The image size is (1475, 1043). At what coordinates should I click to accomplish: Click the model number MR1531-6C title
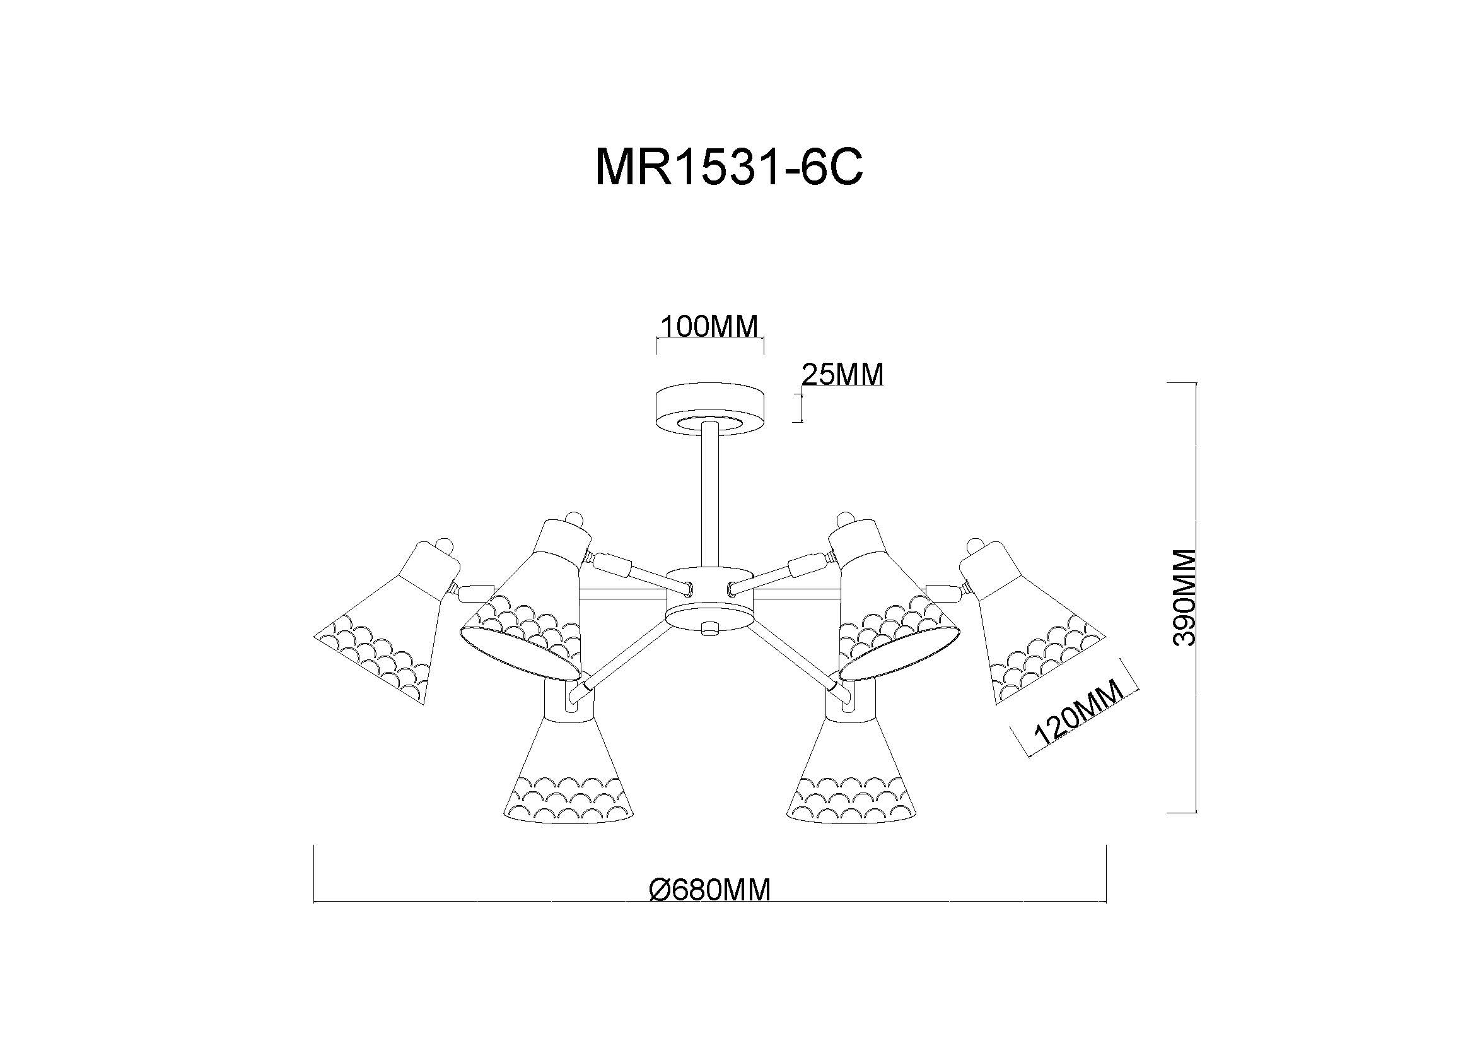[x=729, y=167]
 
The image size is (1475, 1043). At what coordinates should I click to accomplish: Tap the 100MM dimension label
[x=709, y=327]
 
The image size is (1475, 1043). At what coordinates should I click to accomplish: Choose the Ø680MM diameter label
[x=709, y=891]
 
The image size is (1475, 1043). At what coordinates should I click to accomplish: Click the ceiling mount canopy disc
[x=709, y=410]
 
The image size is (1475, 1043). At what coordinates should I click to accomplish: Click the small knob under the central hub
[x=709, y=628]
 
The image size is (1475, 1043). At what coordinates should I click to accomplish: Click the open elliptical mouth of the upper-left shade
[x=520, y=653]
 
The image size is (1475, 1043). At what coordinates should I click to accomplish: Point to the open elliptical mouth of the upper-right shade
[x=899, y=653]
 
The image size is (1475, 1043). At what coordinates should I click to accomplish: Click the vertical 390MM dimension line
[x=1194, y=598]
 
